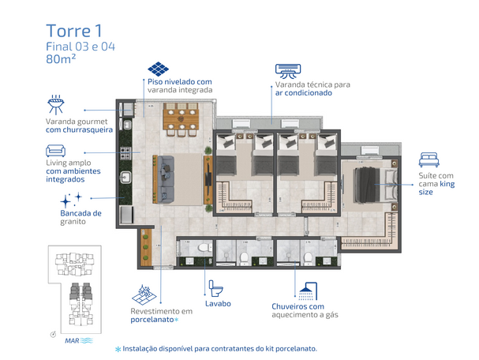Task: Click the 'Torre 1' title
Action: (74, 31)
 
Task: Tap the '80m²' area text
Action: (61, 58)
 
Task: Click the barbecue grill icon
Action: (56, 104)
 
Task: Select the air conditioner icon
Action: (288, 71)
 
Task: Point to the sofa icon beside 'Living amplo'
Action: (55, 151)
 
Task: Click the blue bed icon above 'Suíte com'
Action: (429, 159)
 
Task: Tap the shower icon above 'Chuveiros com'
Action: (308, 291)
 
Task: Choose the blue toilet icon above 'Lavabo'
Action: (215, 288)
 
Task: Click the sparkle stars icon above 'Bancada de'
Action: (71, 200)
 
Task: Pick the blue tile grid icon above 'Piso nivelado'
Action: (158, 69)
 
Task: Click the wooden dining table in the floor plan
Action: (181, 119)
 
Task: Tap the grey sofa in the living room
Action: (165, 178)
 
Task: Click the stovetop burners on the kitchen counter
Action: (125, 153)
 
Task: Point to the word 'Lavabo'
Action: (218, 303)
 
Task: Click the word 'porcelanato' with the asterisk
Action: (154, 320)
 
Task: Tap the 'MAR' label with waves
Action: (79, 340)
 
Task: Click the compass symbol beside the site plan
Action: (53, 334)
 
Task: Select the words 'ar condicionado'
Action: (304, 93)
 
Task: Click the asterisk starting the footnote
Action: (118, 349)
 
